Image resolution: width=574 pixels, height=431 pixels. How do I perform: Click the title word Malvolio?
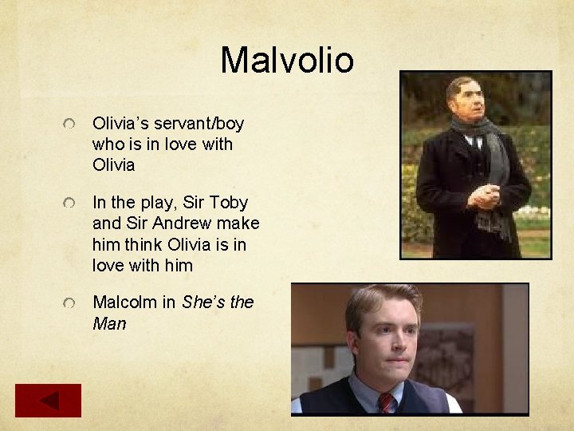point(286,60)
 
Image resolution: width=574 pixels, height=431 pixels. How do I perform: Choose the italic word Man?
point(109,324)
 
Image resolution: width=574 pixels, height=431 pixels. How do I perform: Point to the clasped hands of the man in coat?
point(483,196)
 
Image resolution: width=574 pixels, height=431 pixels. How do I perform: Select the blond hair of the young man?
point(383,299)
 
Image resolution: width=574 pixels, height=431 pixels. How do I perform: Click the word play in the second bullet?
point(152,203)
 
